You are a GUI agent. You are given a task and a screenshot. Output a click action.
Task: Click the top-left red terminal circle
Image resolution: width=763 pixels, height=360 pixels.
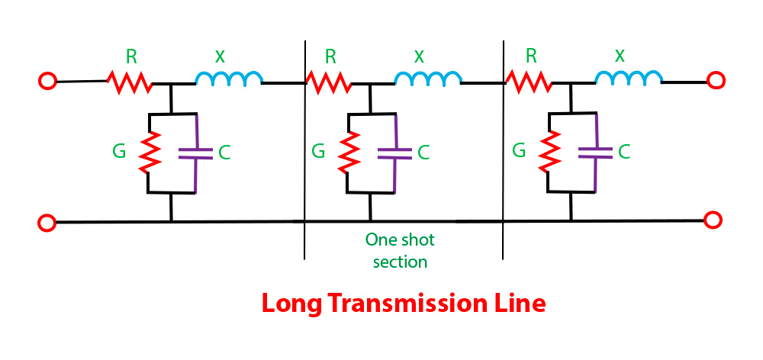[47, 81]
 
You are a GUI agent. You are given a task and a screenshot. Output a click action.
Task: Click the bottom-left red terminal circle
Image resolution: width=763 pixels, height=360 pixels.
[47, 223]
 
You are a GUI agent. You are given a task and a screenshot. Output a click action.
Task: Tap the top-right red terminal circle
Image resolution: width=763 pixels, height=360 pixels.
[715, 79]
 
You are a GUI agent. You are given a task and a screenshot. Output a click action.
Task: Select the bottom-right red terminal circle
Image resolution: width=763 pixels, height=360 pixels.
[713, 221]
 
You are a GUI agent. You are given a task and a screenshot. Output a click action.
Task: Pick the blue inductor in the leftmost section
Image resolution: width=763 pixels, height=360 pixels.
[230, 79]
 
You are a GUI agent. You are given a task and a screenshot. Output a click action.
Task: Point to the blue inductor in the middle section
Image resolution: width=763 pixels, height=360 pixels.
[428, 79]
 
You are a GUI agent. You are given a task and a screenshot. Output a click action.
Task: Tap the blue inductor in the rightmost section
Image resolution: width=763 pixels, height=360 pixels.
[629, 78]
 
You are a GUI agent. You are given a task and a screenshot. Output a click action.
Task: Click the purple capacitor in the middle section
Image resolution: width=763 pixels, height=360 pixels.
[396, 153]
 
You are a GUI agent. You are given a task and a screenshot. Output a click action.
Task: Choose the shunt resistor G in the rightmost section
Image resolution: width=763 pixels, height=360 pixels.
[547, 152]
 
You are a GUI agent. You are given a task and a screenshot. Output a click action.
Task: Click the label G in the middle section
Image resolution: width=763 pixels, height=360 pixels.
[318, 149]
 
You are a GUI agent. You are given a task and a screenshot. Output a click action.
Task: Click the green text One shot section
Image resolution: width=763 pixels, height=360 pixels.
[400, 250]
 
